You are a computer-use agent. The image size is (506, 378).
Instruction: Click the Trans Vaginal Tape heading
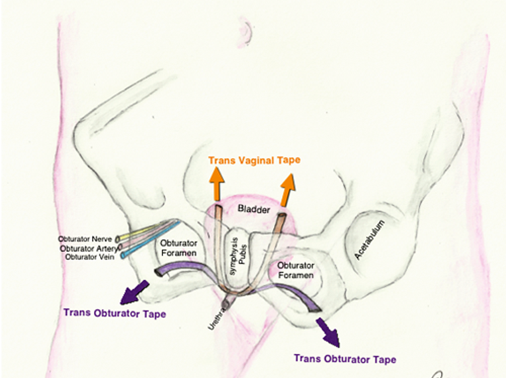point(254,160)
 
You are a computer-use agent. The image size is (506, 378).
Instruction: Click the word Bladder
point(254,209)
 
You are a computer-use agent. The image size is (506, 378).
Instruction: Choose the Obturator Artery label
point(88,248)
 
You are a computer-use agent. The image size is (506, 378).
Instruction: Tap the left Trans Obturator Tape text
point(114,313)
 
